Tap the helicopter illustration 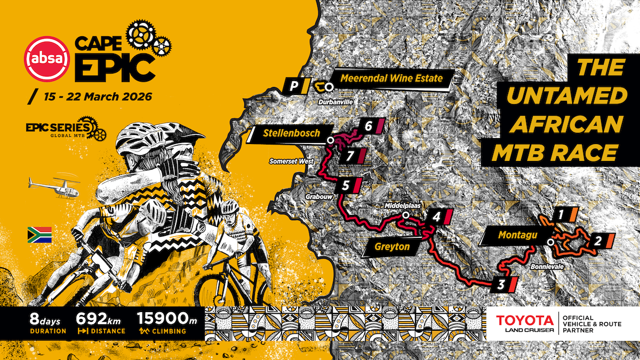[x=54, y=187]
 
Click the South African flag [x=39, y=235]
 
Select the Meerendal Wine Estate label [x=391, y=79]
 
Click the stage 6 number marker [x=369, y=126]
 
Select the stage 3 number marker [x=501, y=284]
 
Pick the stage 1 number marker [x=561, y=215]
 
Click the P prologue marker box [x=293, y=85]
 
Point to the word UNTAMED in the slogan [x=565, y=96]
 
